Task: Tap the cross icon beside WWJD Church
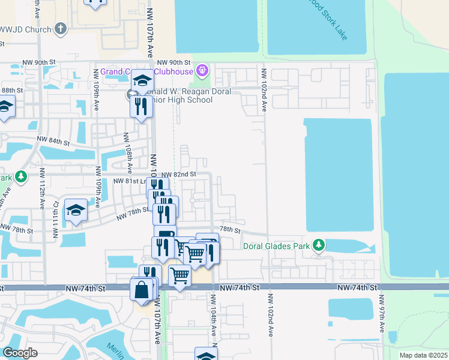(60, 28)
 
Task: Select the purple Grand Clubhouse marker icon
(202, 71)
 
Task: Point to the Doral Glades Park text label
(277, 245)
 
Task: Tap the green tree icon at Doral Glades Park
(319, 245)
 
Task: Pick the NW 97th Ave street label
(381, 314)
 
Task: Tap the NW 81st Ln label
(132, 181)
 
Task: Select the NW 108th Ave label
(129, 151)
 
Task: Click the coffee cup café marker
(165, 235)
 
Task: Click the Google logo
(20, 353)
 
